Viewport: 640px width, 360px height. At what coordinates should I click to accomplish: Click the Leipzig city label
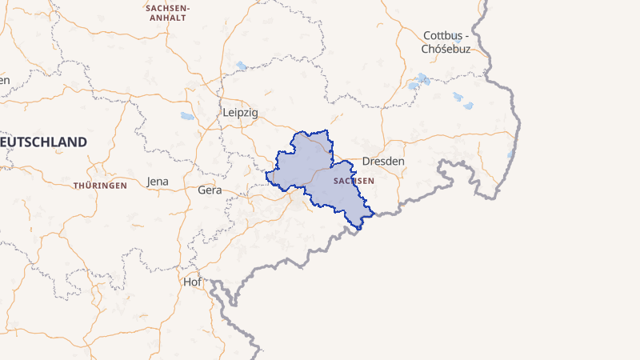point(241,113)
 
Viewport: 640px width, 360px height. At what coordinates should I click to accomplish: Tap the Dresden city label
point(383,161)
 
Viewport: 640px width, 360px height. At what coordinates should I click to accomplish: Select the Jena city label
point(158,182)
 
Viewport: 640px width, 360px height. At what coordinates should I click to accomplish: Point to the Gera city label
point(210,190)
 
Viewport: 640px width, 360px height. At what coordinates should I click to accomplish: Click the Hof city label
point(193,282)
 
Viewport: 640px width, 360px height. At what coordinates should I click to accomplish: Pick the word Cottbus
point(442,35)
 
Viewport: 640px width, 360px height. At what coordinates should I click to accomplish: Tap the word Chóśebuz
point(446,49)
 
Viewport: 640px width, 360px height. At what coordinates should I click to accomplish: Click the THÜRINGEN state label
point(100,186)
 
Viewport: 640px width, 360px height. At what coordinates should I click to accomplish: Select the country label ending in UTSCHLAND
point(44,142)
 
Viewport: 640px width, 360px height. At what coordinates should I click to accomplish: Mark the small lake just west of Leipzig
point(187,117)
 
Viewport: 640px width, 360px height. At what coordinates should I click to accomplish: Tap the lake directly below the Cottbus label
point(419,81)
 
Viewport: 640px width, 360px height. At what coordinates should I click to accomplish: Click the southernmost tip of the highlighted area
point(360,230)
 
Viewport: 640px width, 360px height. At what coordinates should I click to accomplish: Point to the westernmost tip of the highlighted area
point(266,173)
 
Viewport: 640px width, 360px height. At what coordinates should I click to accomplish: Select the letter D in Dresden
point(366,161)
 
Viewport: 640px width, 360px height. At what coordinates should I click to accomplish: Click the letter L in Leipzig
point(226,113)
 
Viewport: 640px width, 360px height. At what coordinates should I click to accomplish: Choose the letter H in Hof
point(188,282)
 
